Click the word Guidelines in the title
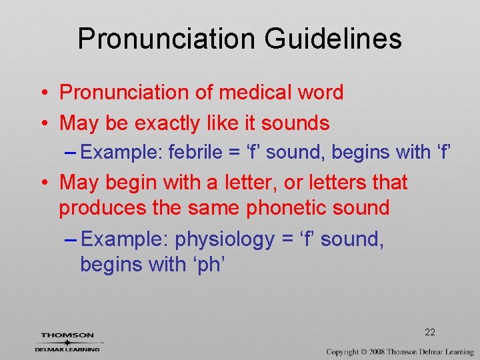point(333,38)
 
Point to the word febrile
point(196,152)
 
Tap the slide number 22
point(429,332)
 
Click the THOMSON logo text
point(67,335)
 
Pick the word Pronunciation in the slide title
point(167,38)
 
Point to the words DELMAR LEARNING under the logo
point(67,349)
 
